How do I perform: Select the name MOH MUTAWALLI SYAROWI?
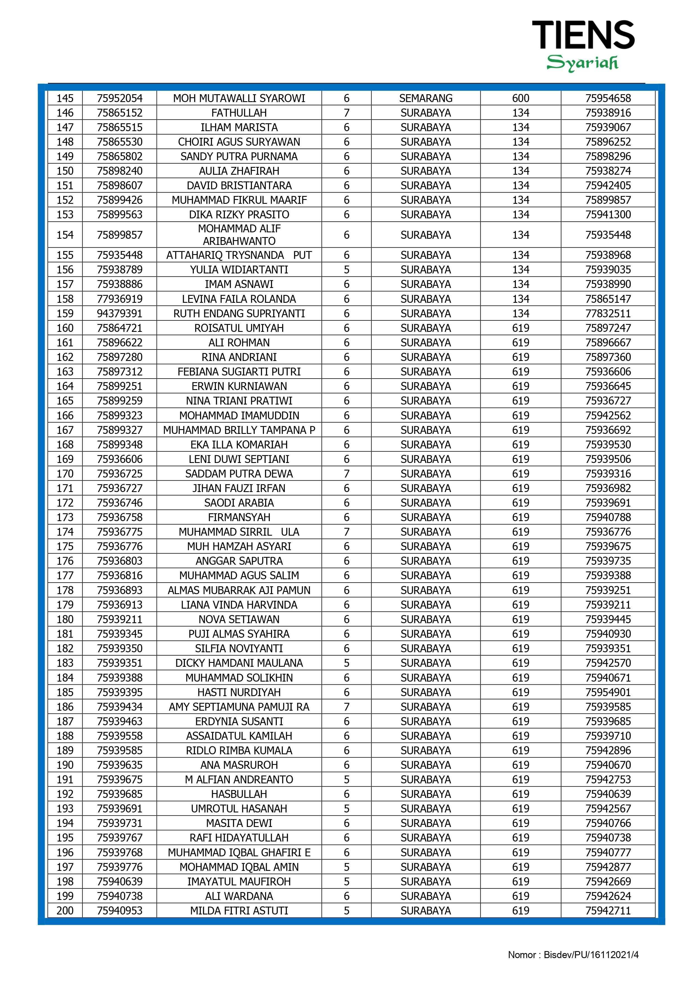coord(239,98)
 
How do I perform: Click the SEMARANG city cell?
coord(426,98)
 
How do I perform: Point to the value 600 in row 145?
coord(520,98)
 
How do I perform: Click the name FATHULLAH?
coord(239,113)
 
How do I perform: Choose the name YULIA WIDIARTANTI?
coord(239,270)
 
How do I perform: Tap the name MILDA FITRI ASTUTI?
coord(239,911)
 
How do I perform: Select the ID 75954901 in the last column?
coord(608,692)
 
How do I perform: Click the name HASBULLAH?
coord(239,794)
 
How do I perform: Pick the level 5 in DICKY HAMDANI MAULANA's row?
coord(346,663)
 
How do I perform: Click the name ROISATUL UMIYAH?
coord(239,328)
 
